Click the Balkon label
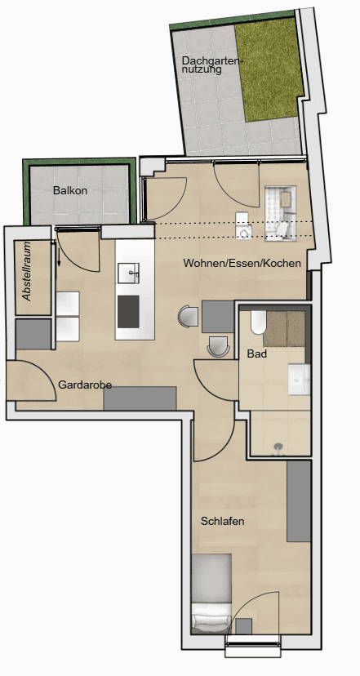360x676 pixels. click(70, 190)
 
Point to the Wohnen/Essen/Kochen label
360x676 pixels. click(242, 264)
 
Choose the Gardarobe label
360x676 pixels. click(85, 385)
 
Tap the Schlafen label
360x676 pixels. click(223, 520)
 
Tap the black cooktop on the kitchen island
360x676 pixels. click(129, 311)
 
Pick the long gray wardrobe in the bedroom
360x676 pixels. click(299, 500)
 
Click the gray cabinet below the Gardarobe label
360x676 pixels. click(140, 398)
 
